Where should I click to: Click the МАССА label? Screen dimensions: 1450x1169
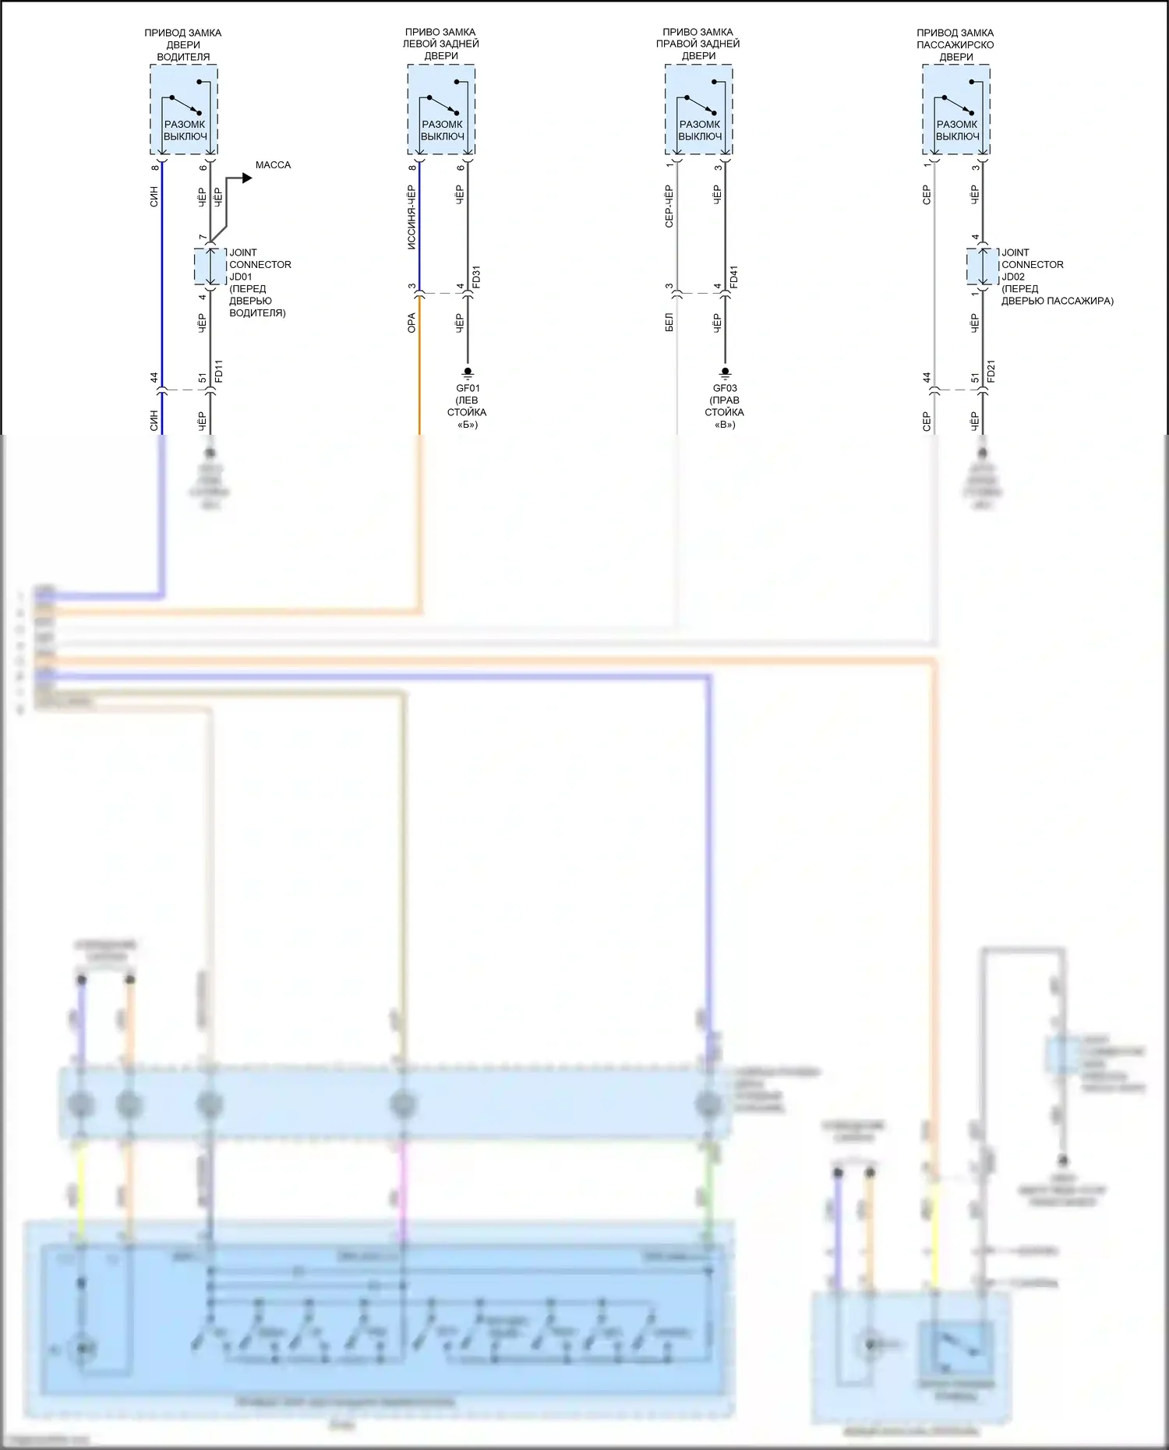pyautogui.click(x=273, y=165)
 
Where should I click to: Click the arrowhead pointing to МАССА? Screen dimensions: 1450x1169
pyautogui.click(x=247, y=178)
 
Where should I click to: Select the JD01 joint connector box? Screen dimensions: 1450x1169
pyautogui.click(x=210, y=267)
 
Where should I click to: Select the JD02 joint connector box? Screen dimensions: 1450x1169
pyautogui.click(x=982, y=267)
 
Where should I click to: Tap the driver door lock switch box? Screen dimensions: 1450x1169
pyautogui.click(x=184, y=110)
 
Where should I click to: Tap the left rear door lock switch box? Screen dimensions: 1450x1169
pyautogui.click(x=441, y=110)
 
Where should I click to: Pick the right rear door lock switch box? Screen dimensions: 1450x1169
pyautogui.click(x=698, y=110)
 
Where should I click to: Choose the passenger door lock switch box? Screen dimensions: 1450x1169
pyautogui.click(x=956, y=110)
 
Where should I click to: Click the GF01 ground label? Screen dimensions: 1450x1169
pyautogui.click(x=468, y=388)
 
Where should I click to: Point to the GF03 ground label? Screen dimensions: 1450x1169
pyautogui.click(x=725, y=388)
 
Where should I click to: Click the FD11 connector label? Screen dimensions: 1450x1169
pyautogui.click(x=219, y=371)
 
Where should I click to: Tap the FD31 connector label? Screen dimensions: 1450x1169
pyautogui.click(x=476, y=277)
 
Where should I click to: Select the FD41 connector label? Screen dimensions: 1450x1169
pyautogui.click(x=733, y=277)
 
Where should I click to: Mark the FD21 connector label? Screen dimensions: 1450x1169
pyautogui.click(x=991, y=371)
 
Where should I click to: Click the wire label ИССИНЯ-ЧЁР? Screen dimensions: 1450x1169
pyautogui.click(x=411, y=217)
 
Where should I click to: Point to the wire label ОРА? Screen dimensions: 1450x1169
pyautogui.click(x=411, y=323)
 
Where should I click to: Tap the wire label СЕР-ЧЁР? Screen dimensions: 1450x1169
pyautogui.click(x=669, y=206)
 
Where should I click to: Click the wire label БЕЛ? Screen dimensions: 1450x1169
pyautogui.click(x=669, y=323)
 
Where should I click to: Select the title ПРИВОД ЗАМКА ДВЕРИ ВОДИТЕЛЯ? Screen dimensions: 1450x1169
pyautogui.click(x=183, y=44)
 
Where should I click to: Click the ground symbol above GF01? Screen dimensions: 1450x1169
pyautogui.click(x=468, y=372)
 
